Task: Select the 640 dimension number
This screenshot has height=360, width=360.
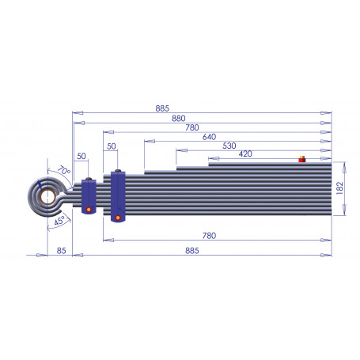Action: coord(210,136)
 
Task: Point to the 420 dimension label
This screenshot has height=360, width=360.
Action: coord(245,154)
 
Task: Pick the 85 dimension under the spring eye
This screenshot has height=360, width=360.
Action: coord(62,251)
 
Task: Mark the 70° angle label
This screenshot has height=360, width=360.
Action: coord(63,170)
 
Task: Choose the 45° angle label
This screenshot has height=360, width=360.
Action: coord(59,222)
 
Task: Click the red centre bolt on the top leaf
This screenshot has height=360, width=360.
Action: coord(301,160)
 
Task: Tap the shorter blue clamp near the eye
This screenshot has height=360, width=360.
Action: coord(89,195)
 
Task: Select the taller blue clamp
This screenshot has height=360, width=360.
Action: coord(118,196)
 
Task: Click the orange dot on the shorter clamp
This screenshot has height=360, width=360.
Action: coord(89,209)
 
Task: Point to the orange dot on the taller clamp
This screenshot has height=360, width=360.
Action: coord(118,216)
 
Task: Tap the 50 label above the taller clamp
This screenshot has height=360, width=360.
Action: coord(111,147)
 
